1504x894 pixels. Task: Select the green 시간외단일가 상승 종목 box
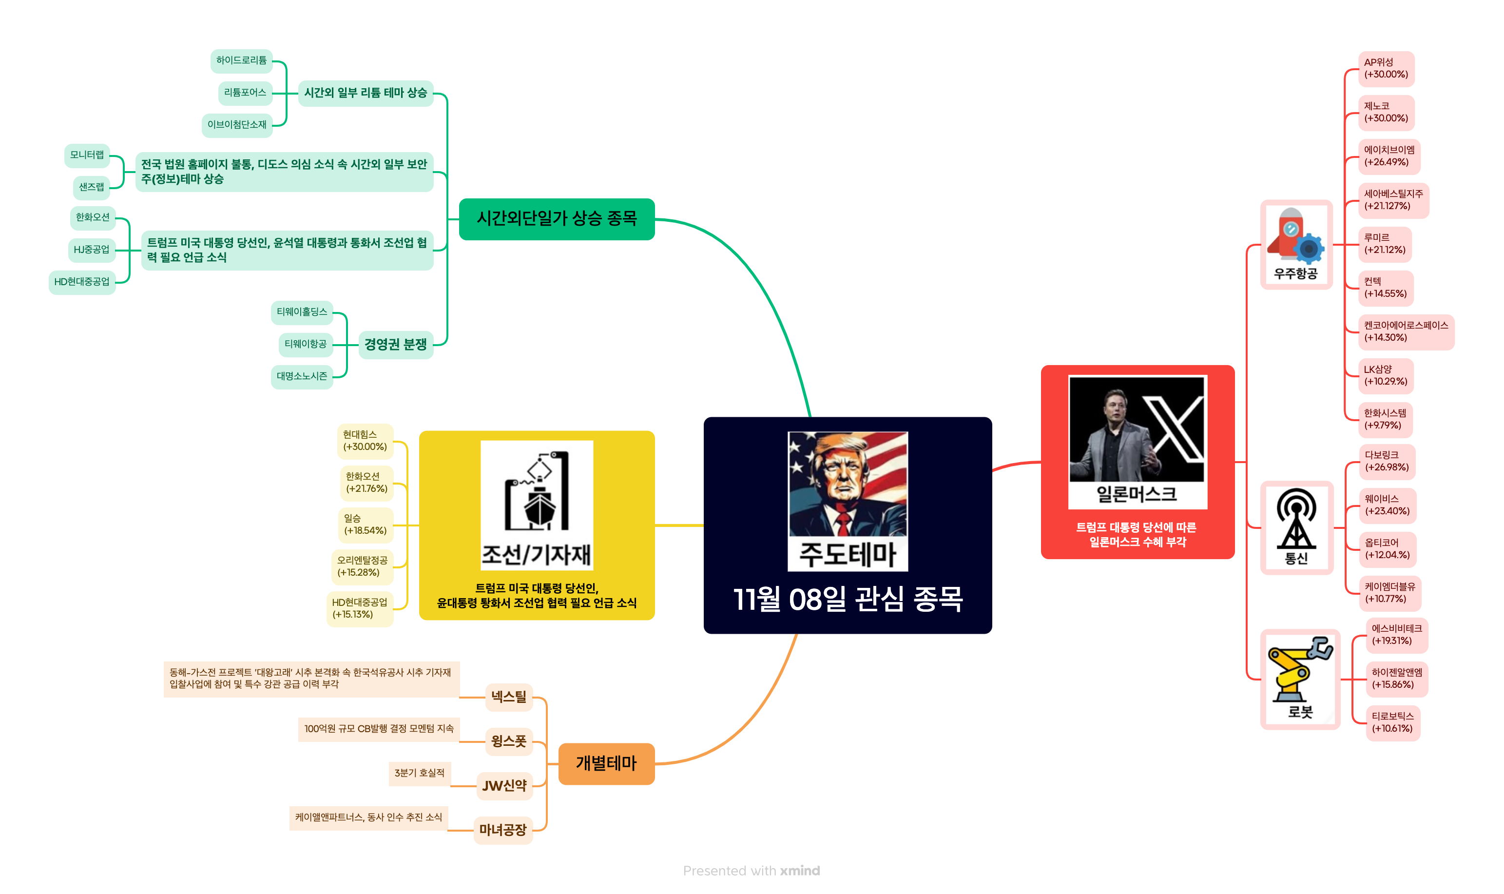point(556,219)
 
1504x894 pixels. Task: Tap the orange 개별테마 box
point(605,763)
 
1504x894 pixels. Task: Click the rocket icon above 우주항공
point(1295,235)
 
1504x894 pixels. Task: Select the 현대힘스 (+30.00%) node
point(365,440)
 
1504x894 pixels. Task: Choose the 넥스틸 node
point(508,697)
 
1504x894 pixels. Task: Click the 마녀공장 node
point(502,830)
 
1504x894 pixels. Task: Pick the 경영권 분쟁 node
point(395,344)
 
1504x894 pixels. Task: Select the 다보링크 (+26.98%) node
point(1386,461)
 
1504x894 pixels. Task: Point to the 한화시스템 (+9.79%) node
point(1384,419)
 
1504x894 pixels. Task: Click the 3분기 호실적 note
point(419,773)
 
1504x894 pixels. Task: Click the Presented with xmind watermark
point(751,871)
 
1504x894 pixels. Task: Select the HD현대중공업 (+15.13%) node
point(359,608)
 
